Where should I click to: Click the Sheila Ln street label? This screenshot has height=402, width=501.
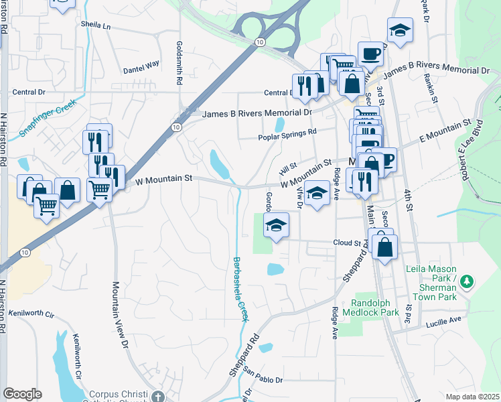pos(95,25)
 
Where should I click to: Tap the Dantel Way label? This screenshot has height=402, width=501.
pos(141,65)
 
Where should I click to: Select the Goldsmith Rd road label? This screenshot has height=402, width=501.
pos(179,62)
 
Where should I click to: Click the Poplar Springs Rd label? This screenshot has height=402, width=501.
pos(287,138)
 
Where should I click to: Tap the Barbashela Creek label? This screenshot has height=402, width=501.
pos(240,288)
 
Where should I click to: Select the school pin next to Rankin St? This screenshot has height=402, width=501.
pos(400,30)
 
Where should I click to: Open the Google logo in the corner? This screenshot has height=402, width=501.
pos(22,394)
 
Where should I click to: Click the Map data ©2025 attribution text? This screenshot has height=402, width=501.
pos(472,397)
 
